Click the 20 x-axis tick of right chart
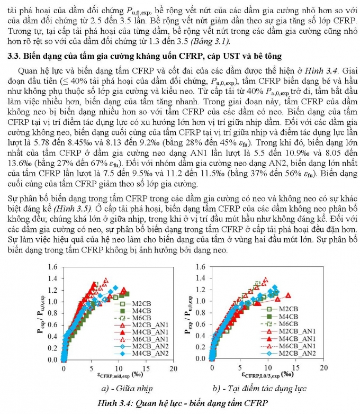323,367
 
